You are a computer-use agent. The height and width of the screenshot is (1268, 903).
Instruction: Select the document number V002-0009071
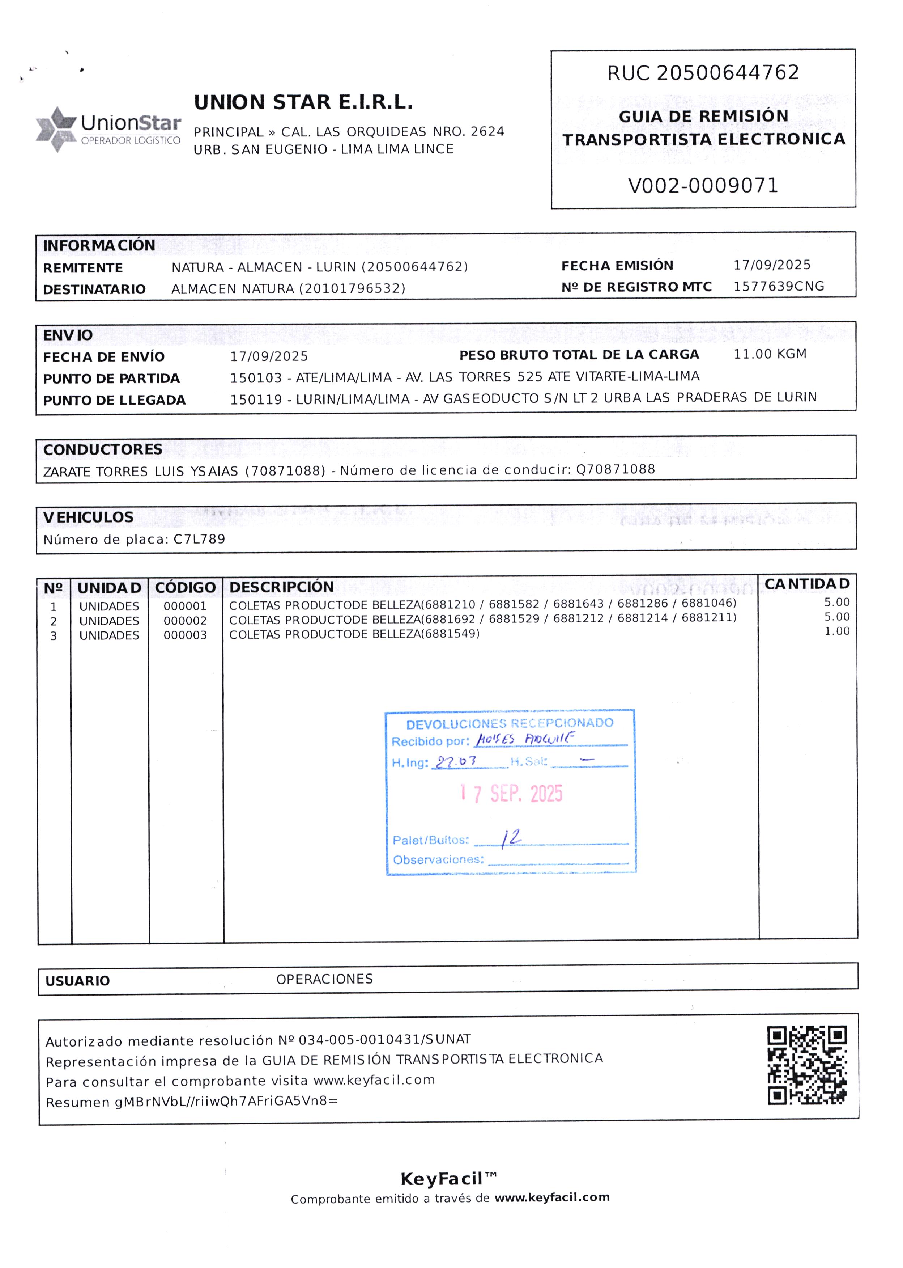703,185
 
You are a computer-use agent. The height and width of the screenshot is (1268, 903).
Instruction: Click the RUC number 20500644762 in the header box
728,72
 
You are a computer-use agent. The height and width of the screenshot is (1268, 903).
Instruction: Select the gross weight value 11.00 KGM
770,354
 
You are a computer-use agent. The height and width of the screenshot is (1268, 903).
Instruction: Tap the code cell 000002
185,620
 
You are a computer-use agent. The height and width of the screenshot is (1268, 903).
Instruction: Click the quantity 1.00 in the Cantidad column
837,631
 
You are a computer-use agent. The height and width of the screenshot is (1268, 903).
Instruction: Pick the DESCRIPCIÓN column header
281,587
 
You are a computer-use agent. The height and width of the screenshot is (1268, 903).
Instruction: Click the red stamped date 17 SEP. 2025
512,793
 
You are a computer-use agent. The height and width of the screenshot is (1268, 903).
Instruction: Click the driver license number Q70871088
616,469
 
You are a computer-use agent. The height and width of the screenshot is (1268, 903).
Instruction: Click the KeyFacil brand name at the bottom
442,1178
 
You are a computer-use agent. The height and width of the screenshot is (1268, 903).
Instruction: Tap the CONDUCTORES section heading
103,449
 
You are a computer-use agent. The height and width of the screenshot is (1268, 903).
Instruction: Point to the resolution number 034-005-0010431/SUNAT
385,1039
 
